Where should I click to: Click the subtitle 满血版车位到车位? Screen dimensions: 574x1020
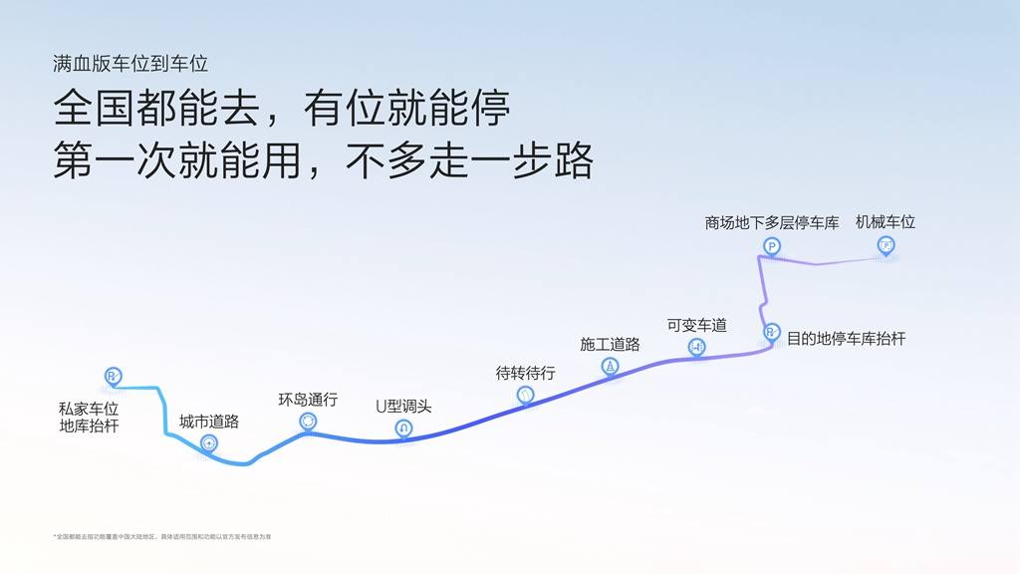pyautogui.click(x=130, y=64)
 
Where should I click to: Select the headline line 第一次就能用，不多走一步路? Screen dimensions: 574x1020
pyautogui.click(x=323, y=159)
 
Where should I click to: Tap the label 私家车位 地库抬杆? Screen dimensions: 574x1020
pyautogui.click(x=89, y=418)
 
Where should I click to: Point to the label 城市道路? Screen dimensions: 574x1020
pyautogui.click(x=209, y=422)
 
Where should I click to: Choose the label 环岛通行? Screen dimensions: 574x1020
pyautogui.click(x=308, y=400)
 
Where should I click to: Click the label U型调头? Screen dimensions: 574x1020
pyautogui.click(x=403, y=407)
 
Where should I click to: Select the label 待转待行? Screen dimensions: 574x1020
pyautogui.click(x=526, y=373)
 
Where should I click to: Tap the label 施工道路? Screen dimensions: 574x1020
pyautogui.click(x=610, y=344)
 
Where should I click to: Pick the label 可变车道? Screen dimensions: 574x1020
pyautogui.click(x=697, y=325)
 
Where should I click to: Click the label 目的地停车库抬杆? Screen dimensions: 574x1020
pyautogui.click(x=847, y=339)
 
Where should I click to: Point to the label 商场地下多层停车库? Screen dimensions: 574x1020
pyautogui.click(x=772, y=223)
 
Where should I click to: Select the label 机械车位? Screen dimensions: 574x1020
pyautogui.click(x=886, y=222)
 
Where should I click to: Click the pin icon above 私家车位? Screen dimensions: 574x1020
pyautogui.click(x=113, y=377)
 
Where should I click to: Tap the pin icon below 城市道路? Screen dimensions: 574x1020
pyautogui.click(x=209, y=443)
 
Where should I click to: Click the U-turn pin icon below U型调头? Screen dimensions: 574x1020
pyautogui.click(x=403, y=429)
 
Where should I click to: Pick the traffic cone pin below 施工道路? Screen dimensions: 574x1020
pyautogui.click(x=611, y=367)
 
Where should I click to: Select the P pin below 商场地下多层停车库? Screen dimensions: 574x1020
pyautogui.click(x=772, y=246)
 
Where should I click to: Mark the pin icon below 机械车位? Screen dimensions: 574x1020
pyautogui.click(x=886, y=245)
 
